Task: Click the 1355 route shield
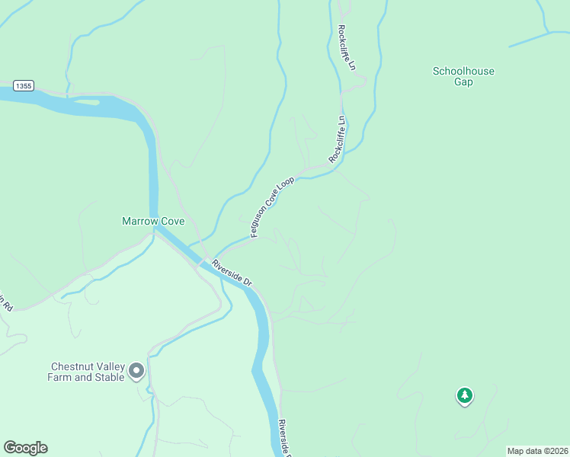coord(23,86)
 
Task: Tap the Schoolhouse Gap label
coord(463,76)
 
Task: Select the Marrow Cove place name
coord(153,222)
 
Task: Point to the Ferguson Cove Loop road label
coord(272,207)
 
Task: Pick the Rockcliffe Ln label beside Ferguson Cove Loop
coord(338,139)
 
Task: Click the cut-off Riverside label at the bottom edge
coord(283,438)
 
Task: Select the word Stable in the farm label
coord(110,377)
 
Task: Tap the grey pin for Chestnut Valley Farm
coord(137,371)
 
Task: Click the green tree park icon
coord(464,395)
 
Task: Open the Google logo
coord(25,448)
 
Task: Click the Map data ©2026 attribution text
coord(537,451)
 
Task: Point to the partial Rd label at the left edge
coord(7,302)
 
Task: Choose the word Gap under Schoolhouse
coord(463,82)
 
